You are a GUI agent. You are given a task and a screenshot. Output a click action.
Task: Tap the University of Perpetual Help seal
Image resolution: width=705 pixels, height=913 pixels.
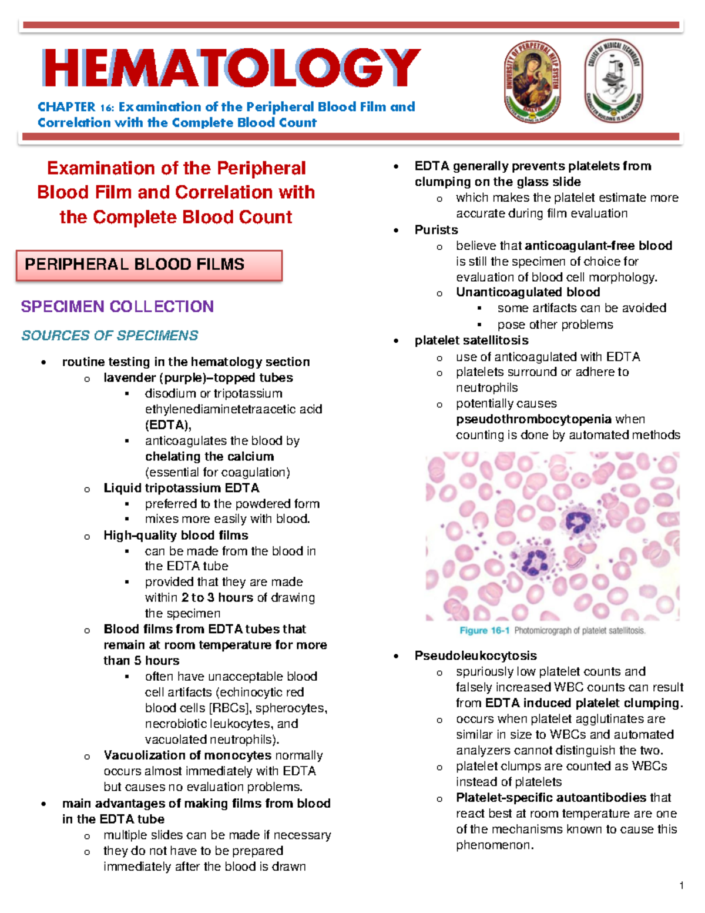[532, 82]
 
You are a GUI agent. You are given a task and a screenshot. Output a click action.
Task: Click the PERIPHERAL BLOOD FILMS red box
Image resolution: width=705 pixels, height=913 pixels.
[149, 265]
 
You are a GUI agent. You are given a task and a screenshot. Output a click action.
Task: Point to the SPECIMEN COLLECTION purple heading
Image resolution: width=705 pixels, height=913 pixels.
[117, 306]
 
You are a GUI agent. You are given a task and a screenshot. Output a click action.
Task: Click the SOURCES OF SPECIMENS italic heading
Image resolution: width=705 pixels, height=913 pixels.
[109, 335]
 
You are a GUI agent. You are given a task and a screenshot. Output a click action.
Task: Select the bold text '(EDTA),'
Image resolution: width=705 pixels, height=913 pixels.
[168, 425]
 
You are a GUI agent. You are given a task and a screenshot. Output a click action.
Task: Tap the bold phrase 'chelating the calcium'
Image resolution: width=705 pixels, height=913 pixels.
[209, 456]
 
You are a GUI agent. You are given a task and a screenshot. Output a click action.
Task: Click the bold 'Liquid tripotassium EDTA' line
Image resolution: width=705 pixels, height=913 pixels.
[181, 488]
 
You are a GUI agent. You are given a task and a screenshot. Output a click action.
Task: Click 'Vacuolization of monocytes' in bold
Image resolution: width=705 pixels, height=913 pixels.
[187, 755]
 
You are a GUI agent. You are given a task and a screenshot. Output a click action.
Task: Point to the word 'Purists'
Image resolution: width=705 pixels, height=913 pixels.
[436, 230]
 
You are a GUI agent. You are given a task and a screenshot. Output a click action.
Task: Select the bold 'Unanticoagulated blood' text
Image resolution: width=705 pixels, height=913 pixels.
[528, 292]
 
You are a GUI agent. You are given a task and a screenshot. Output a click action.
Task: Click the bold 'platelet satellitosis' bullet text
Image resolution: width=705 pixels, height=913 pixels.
[471, 340]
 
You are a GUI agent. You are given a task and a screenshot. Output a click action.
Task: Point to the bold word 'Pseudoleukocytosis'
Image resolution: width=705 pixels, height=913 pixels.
[475, 656]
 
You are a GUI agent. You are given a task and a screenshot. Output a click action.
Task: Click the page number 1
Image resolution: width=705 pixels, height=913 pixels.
[681, 885]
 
